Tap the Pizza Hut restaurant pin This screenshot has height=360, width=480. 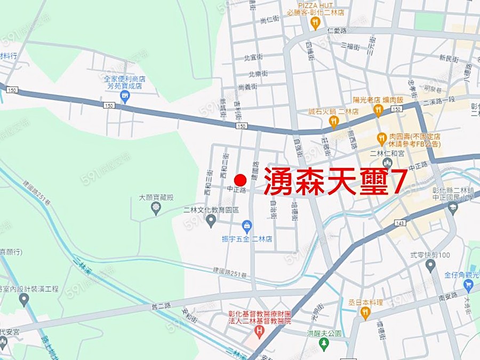[315, 23]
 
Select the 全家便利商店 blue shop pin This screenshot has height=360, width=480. [125, 97]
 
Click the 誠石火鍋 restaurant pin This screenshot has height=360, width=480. [334, 122]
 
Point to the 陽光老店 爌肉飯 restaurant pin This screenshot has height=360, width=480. [378, 110]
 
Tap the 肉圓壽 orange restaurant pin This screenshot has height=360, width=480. [381, 139]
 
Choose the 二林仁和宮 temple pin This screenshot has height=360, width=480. [387, 163]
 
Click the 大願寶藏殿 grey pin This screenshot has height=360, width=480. [156, 208]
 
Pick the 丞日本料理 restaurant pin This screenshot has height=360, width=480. [365, 313]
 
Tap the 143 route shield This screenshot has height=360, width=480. [400, 223]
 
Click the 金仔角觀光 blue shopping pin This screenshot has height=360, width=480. [469, 286]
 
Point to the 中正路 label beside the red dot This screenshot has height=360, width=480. [236, 189]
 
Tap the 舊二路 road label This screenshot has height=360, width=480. [161, 305]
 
